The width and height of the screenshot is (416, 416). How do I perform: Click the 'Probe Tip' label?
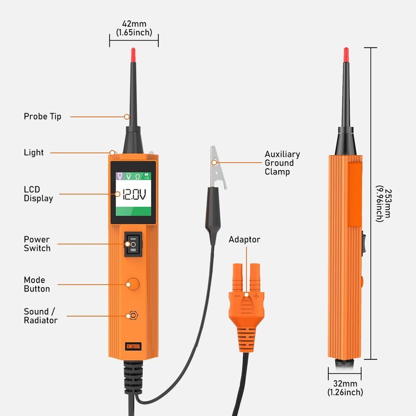(42, 116)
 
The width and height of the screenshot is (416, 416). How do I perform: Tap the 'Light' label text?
(34, 153)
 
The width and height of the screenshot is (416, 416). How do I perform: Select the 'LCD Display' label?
(38, 194)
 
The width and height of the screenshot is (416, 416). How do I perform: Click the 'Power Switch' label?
(37, 244)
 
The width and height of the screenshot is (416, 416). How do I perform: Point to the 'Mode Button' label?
(37, 284)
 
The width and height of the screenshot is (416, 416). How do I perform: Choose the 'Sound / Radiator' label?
(40, 316)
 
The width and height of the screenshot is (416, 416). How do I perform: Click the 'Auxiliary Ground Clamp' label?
(282, 163)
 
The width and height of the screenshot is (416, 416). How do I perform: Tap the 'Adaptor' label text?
(244, 240)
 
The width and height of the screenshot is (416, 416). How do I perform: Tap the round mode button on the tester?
(133, 285)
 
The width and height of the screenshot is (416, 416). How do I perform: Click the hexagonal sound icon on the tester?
(133, 316)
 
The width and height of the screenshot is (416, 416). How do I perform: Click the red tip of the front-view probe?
(133, 53)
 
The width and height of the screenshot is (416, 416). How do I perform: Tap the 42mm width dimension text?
(134, 28)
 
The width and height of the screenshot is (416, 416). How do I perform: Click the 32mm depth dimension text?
(345, 388)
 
